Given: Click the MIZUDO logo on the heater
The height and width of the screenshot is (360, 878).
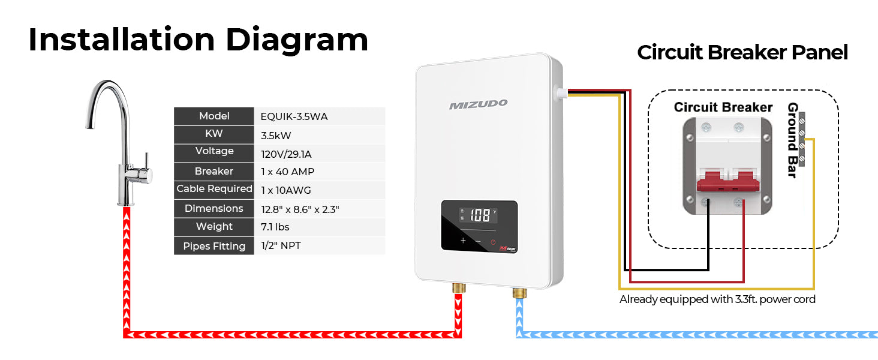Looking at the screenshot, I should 478,105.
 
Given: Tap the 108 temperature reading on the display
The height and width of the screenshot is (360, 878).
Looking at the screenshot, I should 479,215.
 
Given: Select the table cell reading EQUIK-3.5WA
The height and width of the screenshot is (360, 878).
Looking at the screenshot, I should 294,116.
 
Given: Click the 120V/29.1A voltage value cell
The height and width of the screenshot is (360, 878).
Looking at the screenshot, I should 286,154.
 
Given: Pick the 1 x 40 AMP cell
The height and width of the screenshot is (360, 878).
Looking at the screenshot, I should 287,172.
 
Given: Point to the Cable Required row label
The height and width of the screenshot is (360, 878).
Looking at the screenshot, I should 214,189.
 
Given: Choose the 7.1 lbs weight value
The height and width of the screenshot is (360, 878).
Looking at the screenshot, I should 275,227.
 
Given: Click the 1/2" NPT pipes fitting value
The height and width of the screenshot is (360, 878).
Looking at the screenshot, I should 281,246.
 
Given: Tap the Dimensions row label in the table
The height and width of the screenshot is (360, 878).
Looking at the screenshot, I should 214,208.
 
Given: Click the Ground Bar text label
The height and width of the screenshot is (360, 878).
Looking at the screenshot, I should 792,140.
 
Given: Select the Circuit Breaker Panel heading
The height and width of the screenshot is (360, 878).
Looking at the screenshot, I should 742,53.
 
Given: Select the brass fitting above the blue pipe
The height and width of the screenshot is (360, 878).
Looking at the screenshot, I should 519,293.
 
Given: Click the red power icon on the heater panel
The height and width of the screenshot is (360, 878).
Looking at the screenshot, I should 493,242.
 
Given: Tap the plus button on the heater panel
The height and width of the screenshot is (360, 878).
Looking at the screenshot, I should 462,241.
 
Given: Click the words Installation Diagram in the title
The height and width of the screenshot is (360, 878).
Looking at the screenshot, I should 198,40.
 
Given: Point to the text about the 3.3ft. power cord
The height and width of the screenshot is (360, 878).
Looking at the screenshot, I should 717,299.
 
